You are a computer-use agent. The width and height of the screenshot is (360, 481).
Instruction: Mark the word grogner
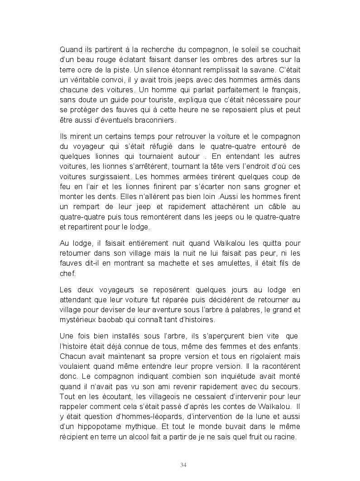(x=276, y=186)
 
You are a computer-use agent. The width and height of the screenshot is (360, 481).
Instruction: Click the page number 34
(x=183, y=465)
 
